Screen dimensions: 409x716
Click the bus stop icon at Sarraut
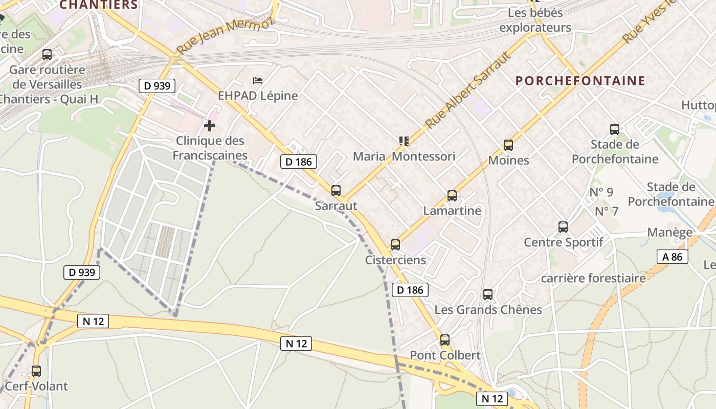pos(336,191)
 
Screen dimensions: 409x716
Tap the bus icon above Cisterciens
pos(395,245)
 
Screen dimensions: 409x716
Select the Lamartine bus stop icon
pos(452,195)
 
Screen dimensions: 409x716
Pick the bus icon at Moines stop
pos(508,145)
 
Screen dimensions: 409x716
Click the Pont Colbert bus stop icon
pos(445,340)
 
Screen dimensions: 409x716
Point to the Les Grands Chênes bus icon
pos(488,294)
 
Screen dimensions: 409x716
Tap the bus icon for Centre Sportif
pos(563,226)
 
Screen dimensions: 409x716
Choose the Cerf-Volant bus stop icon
pos(36,371)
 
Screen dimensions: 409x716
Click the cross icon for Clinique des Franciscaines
pos(210,125)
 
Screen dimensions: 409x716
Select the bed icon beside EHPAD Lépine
pos(258,81)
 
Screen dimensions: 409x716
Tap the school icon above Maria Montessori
pos(404,141)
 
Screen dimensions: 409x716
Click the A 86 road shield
pos(672,257)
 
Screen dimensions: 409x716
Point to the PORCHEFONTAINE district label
pos(580,81)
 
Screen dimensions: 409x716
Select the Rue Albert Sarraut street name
pos(468,90)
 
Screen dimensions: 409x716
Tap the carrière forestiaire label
pos(593,278)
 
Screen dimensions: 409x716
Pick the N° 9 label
pos(601,192)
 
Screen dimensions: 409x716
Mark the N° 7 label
pos(607,211)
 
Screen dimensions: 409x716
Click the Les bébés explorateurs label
pos(535,20)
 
